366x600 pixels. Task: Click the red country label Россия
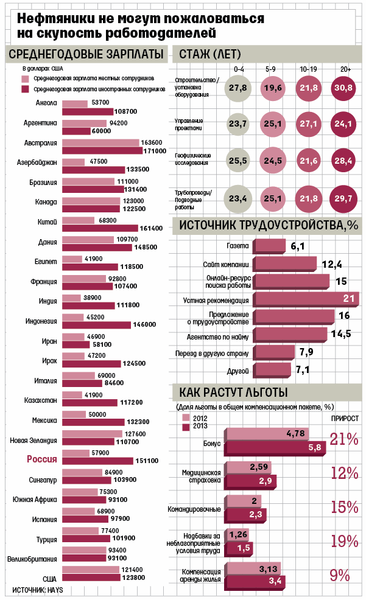click(x=42, y=459)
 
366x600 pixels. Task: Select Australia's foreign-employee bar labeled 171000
click(x=102, y=151)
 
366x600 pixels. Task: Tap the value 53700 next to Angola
click(x=100, y=103)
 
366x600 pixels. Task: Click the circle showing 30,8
click(x=343, y=88)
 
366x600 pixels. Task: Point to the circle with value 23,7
click(x=238, y=124)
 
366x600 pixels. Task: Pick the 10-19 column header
click(x=308, y=69)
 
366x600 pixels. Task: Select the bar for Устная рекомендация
click(x=306, y=299)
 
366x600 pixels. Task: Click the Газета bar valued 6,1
click(x=270, y=246)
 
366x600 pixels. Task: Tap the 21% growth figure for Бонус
click(x=344, y=439)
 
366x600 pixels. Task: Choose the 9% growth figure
click(x=340, y=575)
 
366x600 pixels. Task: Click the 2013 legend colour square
click(x=186, y=427)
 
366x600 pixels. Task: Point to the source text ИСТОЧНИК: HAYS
click(x=38, y=590)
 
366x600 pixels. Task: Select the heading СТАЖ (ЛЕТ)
click(x=210, y=54)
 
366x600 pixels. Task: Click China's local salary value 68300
click(x=108, y=220)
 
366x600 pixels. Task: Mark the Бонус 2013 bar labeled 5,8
click(x=275, y=448)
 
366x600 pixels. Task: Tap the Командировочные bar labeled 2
click(x=243, y=501)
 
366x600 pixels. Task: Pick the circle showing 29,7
click(x=343, y=198)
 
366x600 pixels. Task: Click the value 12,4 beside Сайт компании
click(x=332, y=265)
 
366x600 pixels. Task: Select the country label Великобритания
click(x=32, y=559)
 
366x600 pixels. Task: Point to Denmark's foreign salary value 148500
click(x=146, y=248)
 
